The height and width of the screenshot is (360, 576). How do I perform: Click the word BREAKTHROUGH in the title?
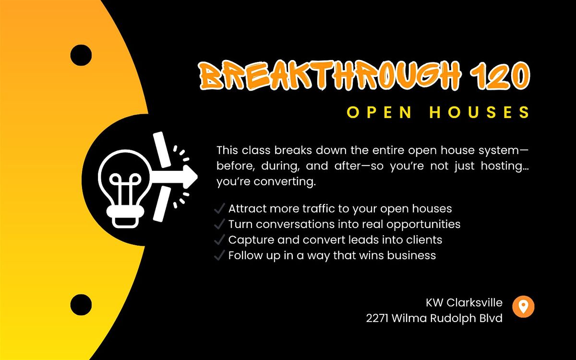tap(330, 75)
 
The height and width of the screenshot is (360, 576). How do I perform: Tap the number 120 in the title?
tap(500, 75)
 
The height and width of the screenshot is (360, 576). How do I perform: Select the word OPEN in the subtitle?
tap(379, 112)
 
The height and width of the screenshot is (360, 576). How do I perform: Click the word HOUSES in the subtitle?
tap(480, 112)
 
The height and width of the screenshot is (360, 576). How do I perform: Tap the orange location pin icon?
tap(523, 307)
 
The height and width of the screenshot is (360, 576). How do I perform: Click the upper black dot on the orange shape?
tap(81, 55)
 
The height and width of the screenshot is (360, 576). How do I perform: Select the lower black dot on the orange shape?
tap(81, 305)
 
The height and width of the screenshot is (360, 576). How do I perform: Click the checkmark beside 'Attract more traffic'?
tap(220, 208)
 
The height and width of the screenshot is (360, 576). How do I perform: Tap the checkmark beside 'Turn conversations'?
tap(220, 224)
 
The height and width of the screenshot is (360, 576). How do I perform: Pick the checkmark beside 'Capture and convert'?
tap(220, 240)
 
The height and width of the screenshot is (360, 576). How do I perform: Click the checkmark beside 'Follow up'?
tap(220, 255)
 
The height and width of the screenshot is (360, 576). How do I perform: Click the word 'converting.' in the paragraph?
tap(285, 182)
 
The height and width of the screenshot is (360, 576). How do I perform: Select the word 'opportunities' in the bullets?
tap(423, 225)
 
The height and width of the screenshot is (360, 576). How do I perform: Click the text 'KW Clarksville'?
tap(464, 303)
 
